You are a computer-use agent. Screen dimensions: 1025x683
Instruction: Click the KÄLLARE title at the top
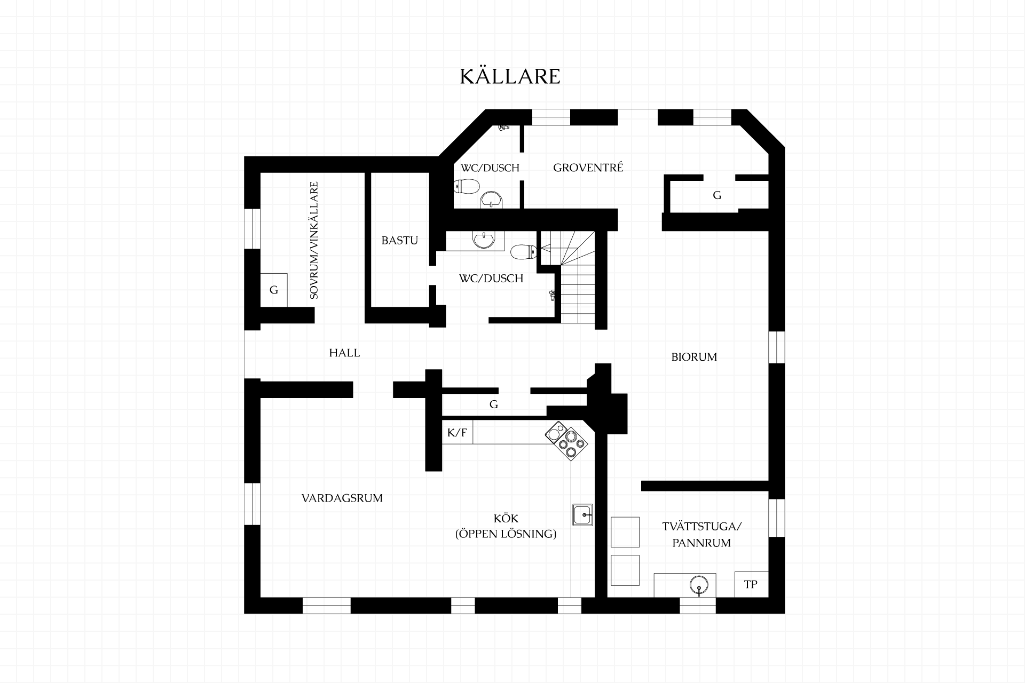pyautogui.click(x=510, y=76)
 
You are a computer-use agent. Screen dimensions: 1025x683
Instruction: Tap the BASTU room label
pyautogui.click(x=399, y=240)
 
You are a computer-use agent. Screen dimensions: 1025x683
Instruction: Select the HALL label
pyautogui.click(x=344, y=353)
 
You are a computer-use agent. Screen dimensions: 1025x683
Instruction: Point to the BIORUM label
pyautogui.click(x=694, y=357)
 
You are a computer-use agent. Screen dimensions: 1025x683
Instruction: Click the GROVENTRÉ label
pyautogui.click(x=588, y=168)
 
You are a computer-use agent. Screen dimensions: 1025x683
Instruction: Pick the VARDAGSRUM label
pyautogui.click(x=342, y=498)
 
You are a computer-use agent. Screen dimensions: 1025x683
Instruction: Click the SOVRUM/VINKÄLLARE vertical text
pyautogui.click(x=314, y=240)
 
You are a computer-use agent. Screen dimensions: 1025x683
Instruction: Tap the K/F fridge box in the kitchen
pyautogui.click(x=457, y=432)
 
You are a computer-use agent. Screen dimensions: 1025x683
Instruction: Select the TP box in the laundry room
pyautogui.click(x=751, y=584)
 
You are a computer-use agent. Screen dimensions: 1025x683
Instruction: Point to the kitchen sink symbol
pyautogui.click(x=582, y=515)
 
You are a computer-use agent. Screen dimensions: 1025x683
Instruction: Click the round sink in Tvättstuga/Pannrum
pyautogui.click(x=698, y=585)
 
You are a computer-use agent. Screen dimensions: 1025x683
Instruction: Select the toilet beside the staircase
pyautogui.click(x=523, y=251)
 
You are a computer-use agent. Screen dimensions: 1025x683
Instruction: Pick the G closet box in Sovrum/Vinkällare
pyautogui.click(x=274, y=290)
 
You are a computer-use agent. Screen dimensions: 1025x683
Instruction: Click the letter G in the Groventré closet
pyautogui.click(x=717, y=195)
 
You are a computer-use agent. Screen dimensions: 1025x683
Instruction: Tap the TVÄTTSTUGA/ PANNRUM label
pyautogui.click(x=702, y=535)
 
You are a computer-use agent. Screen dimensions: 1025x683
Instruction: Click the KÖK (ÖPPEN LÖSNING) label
pyautogui.click(x=506, y=526)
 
